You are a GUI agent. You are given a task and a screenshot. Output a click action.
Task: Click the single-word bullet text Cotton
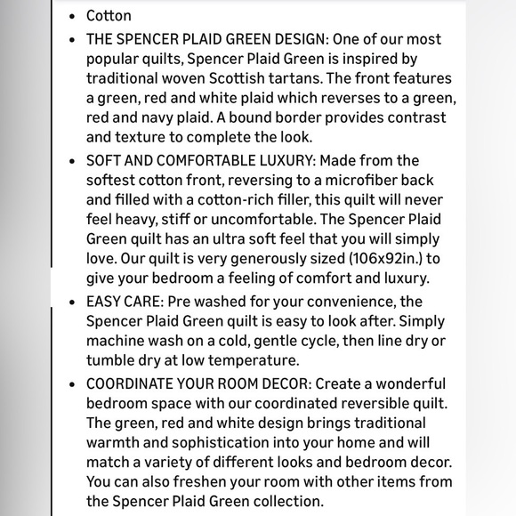(109, 16)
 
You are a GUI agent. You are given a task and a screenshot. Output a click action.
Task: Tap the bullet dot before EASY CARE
(72, 302)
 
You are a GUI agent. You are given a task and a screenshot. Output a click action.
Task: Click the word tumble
(110, 360)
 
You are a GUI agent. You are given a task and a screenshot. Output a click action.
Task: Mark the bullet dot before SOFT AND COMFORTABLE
(72, 161)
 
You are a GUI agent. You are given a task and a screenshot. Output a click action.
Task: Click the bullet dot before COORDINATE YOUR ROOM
(72, 384)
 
